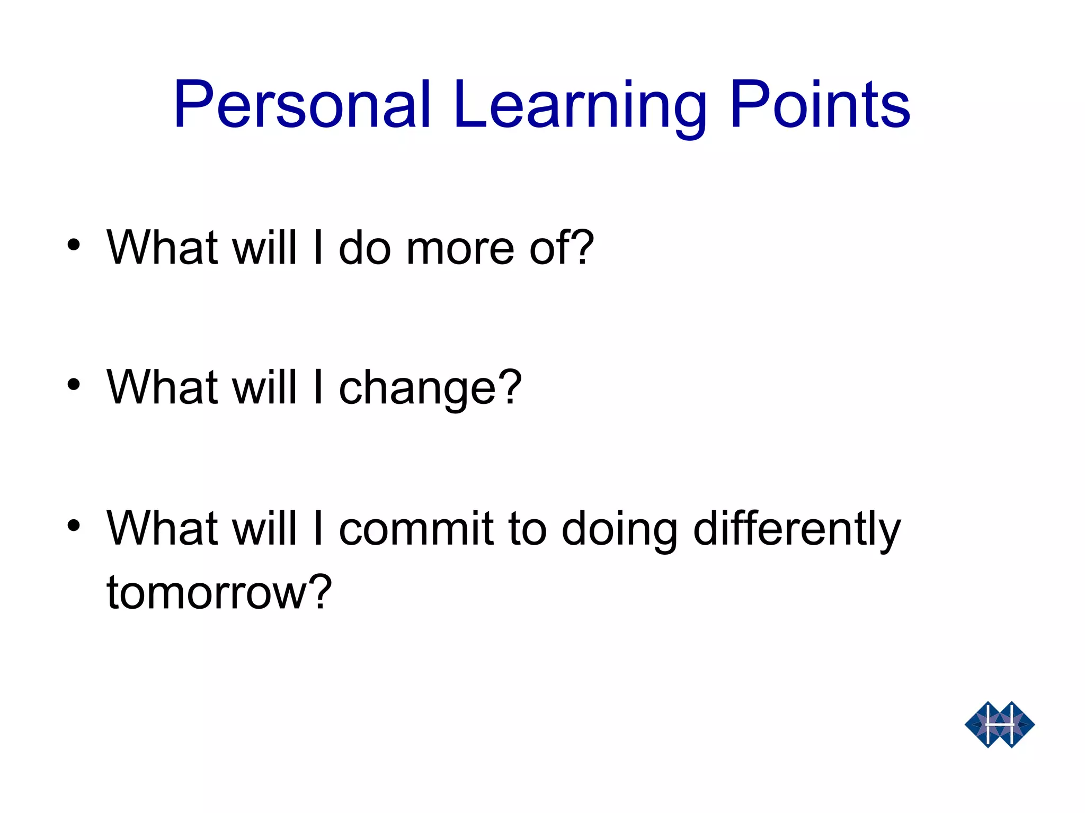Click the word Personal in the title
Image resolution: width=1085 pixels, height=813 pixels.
(x=302, y=105)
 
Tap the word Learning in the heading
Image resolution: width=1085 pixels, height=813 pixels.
(x=580, y=106)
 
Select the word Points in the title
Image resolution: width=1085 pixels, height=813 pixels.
(x=820, y=105)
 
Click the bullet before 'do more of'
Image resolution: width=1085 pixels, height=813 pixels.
(x=74, y=245)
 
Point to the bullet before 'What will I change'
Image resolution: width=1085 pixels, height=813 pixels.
(x=74, y=385)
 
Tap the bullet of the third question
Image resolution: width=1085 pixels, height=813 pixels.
(x=74, y=526)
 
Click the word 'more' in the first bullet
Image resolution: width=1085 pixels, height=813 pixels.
(x=459, y=249)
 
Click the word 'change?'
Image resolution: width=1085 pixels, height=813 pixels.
(x=430, y=389)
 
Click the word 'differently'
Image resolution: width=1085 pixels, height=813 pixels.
(x=796, y=529)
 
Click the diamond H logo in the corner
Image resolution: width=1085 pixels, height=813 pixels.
(x=999, y=724)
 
